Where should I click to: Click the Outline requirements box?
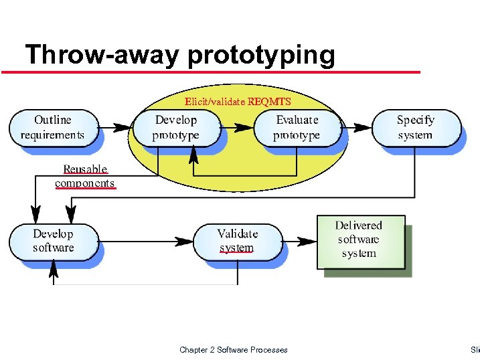coord(52,128)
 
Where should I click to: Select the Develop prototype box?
coord(176,128)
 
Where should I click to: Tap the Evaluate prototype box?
coord(297,128)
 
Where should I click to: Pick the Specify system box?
coord(415,128)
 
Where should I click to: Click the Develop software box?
coord(53,241)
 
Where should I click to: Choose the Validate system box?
coord(238,241)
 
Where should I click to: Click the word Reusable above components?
coord(85,169)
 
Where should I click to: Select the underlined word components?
coord(85,183)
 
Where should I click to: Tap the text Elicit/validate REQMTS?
coord(238,102)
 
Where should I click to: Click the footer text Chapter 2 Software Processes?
coord(234,350)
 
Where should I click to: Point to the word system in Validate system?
coord(236,248)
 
